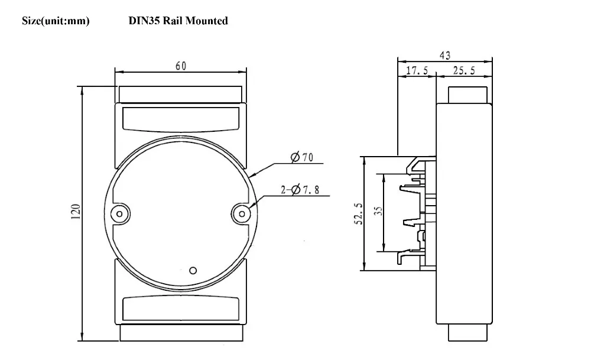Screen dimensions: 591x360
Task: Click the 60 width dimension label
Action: tap(181, 66)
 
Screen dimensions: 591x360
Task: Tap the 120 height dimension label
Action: tap(76, 212)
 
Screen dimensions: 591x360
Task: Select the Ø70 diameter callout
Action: tap(302, 157)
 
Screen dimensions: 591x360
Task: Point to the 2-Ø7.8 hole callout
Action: tap(300, 189)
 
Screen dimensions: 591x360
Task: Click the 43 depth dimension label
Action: tap(445, 56)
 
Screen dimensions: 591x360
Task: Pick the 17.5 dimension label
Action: tap(417, 70)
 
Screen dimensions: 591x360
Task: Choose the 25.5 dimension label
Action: tap(464, 70)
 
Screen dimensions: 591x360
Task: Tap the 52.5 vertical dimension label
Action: tap(359, 214)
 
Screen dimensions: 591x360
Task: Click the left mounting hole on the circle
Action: tap(120, 214)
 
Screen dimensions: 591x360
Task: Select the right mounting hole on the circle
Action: tap(242, 214)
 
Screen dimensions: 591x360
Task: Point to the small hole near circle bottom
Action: tap(193, 270)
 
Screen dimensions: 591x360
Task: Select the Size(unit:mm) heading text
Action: tap(56, 21)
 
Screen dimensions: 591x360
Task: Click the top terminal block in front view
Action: tap(180, 94)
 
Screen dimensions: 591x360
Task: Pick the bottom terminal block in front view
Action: tap(181, 332)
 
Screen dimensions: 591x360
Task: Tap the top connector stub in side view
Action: tap(467, 95)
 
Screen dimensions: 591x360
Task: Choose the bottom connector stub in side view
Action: tap(467, 332)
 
